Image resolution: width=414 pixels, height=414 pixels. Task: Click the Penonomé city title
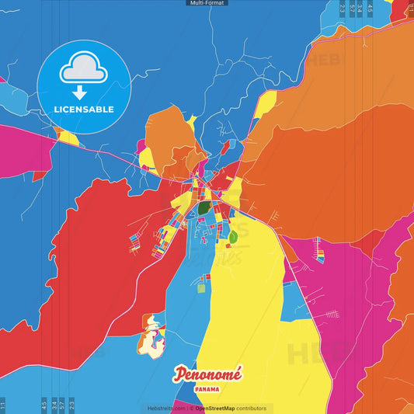[x=207, y=374]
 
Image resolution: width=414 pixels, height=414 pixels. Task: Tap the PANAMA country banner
[x=207, y=389]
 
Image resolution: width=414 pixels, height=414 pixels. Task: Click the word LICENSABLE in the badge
[x=84, y=110]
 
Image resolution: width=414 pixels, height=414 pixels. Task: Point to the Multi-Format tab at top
[x=207, y=3]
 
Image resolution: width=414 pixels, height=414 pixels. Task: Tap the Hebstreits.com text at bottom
[x=165, y=408]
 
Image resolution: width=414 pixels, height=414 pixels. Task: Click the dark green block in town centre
[x=204, y=208]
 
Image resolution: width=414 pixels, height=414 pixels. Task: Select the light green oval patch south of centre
[x=232, y=236]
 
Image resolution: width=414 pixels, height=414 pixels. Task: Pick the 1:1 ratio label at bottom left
[x=3, y=405]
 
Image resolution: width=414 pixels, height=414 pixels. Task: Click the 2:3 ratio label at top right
[x=343, y=9]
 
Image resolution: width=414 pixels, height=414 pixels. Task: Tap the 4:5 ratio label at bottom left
[x=44, y=405]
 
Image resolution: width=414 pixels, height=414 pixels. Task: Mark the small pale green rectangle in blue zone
[x=201, y=288]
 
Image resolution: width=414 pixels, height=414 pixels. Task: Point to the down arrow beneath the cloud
[x=84, y=92]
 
